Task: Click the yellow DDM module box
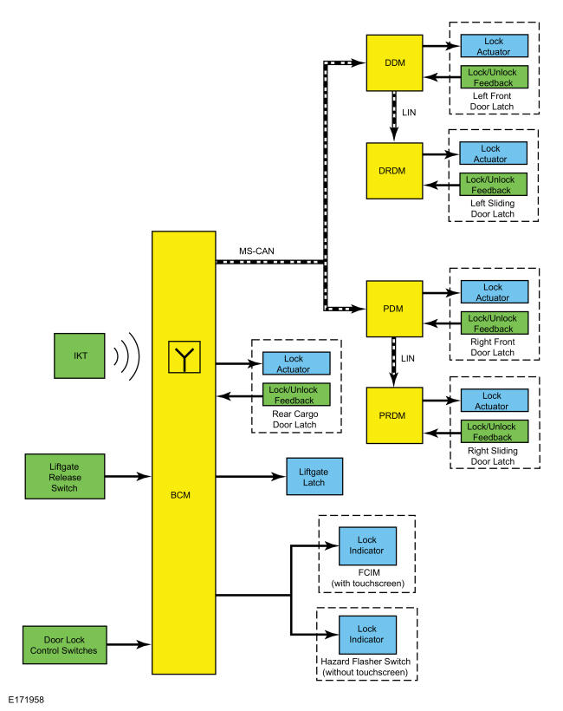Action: [x=395, y=62]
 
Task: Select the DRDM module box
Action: [x=395, y=169]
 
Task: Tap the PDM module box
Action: [x=392, y=308]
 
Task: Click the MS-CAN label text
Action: [x=256, y=251]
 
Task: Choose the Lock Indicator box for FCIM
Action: [x=367, y=547]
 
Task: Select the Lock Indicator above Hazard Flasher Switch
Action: [x=367, y=635]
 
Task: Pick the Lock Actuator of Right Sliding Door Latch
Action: [x=492, y=400]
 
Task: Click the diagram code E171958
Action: [x=28, y=697]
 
